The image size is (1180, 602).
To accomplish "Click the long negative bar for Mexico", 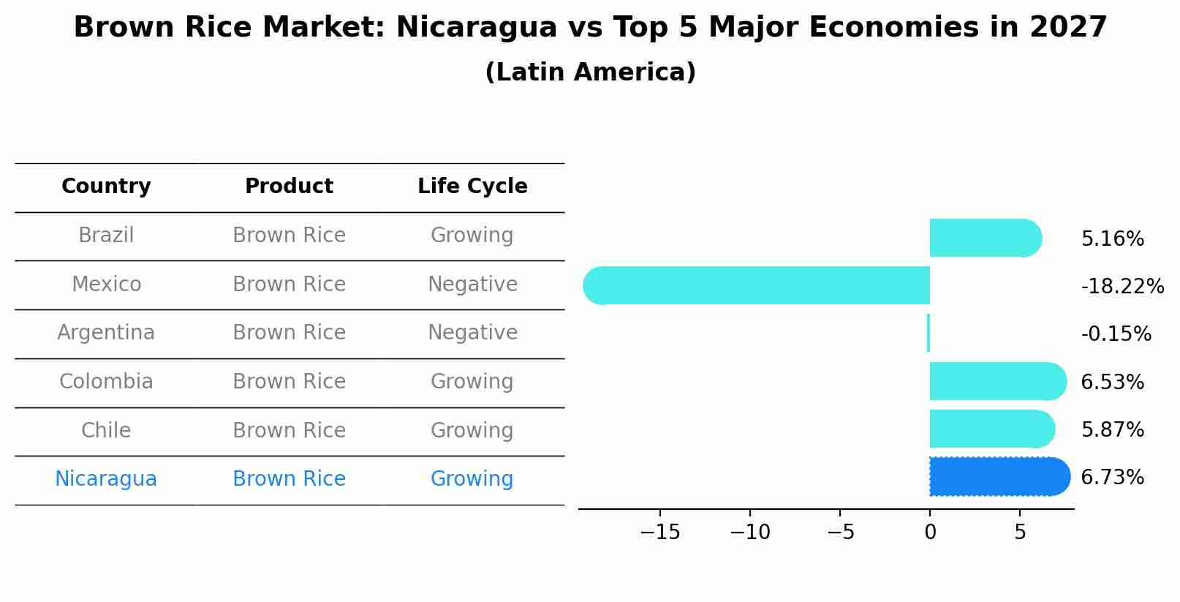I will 757,285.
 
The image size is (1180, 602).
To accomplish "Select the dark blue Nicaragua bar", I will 998,477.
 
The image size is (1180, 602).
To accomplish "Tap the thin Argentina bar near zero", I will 929,334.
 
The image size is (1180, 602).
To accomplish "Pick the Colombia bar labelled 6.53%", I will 996,381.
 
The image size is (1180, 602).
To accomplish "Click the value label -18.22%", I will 1122,287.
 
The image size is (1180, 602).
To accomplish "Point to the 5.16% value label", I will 1112,239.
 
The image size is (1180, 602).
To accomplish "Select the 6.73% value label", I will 1112,478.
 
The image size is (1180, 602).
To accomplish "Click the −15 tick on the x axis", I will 659,533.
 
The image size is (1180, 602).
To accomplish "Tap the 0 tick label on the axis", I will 930,533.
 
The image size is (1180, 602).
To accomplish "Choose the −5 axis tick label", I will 840,533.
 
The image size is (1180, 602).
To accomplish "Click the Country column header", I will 106,187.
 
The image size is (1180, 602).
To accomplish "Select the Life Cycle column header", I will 472,187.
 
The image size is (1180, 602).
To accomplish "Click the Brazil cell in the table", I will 106,236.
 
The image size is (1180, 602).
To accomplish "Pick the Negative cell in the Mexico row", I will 472,285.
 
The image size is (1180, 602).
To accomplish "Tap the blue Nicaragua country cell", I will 106,479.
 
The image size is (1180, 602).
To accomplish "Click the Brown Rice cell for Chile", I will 289,431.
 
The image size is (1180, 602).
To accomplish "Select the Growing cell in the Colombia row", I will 472,382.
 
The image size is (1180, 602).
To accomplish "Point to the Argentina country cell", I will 106,333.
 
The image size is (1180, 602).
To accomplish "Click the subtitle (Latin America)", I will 590,72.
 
